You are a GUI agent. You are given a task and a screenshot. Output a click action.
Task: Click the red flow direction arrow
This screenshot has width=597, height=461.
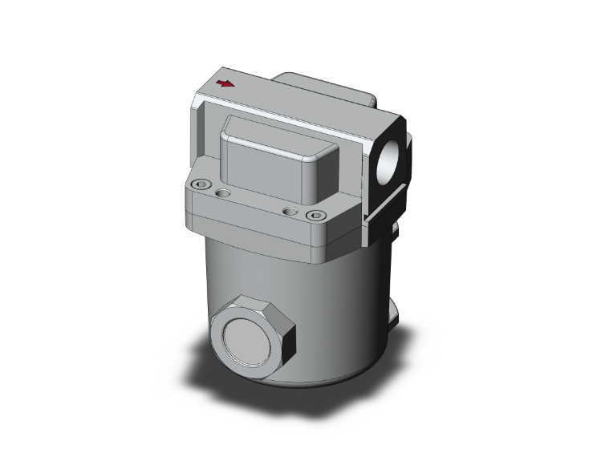point(227,83)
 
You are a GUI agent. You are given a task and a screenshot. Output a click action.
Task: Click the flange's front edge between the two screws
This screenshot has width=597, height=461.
point(257,221)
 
